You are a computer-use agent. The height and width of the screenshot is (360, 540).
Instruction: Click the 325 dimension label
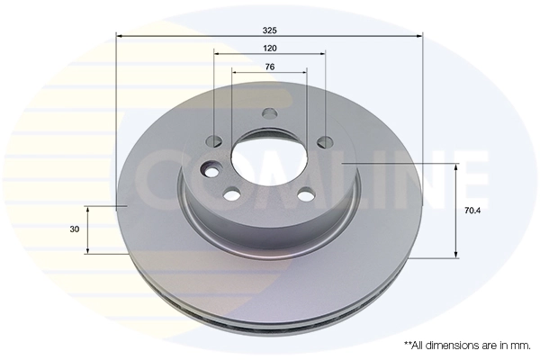(269, 29)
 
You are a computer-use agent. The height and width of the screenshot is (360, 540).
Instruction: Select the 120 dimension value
(269, 47)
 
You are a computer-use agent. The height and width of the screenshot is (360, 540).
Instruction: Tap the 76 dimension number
(269, 67)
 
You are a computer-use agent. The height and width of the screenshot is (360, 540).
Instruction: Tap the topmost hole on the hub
(268, 114)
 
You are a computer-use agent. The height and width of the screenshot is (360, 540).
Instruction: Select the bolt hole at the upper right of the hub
(325, 141)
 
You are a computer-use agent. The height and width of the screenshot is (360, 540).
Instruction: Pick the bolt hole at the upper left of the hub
(214, 141)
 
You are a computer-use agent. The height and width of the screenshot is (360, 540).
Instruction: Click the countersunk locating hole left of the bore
(213, 170)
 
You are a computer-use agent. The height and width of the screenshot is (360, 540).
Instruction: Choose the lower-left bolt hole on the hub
(232, 193)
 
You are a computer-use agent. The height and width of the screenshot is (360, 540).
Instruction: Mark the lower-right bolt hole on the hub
(306, 193)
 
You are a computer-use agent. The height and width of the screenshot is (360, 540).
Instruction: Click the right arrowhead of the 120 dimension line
(321, 54)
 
